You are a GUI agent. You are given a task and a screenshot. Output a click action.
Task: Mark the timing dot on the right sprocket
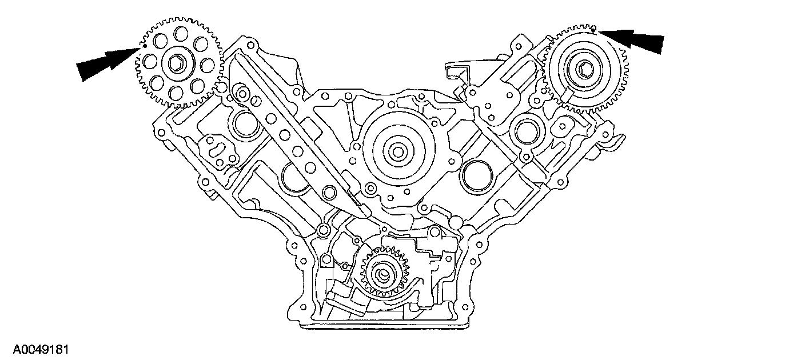[595, 30]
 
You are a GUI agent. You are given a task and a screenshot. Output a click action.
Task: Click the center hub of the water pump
[396, 151]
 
